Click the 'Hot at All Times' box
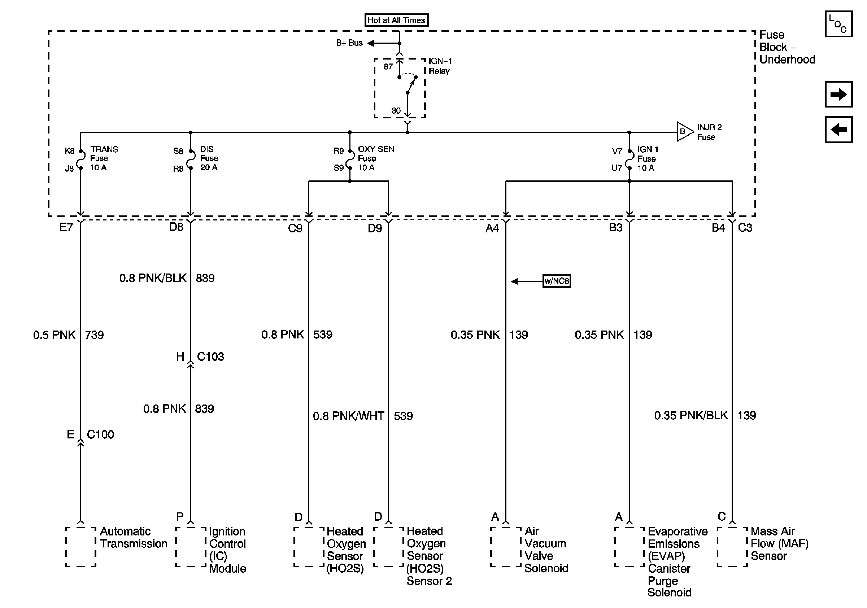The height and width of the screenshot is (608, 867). point(396,20)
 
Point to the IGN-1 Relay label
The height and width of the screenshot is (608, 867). point(440,66)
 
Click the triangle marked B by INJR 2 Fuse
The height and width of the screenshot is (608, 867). point(684,132)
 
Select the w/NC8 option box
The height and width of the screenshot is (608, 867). point(556,281)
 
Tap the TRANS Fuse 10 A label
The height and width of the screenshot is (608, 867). point(104,158)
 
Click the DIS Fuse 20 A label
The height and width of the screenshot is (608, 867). point(209,158)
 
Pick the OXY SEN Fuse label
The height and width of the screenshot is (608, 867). point(376,158)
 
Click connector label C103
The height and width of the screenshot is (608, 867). point(210,357)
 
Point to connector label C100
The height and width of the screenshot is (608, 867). point(100,434)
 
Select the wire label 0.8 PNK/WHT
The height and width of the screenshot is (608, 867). point(348,416)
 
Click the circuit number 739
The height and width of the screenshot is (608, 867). point(95,335)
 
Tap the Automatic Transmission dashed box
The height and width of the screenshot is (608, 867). point(80,547)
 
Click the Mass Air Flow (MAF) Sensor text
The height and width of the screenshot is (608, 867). point(779,543)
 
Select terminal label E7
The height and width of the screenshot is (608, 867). point(66,227)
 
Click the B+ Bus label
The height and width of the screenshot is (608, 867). point(349,43)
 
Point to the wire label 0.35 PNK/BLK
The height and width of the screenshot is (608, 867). point(690,416)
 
